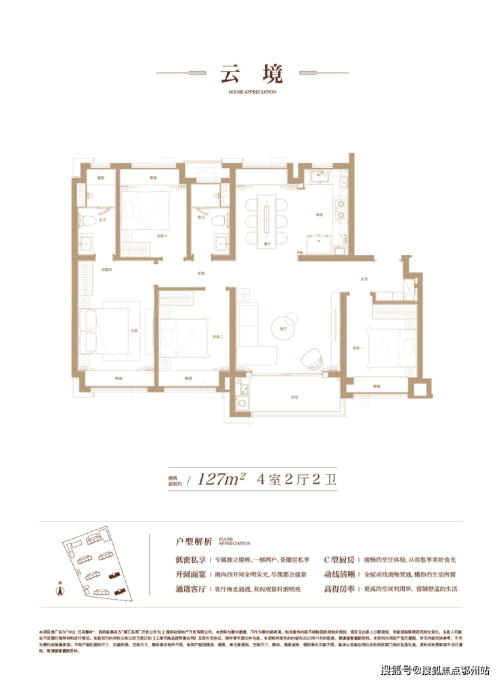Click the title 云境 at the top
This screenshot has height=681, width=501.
point(250,73)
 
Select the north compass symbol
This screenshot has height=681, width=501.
point(60,591)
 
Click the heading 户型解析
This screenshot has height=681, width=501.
point(194,541)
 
